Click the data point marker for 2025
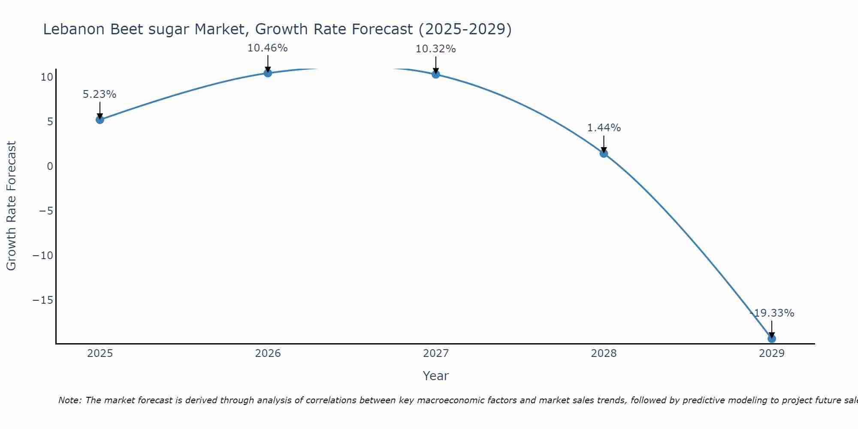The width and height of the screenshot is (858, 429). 100,120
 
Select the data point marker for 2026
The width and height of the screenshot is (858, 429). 268,73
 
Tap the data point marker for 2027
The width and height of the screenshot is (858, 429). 436,74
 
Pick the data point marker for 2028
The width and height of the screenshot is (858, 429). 604,154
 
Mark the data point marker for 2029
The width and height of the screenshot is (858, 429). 772,339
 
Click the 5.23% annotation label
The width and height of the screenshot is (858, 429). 100,94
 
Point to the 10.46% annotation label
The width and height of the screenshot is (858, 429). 268,48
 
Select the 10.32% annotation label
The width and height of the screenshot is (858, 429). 436,49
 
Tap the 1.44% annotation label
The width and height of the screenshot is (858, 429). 604,128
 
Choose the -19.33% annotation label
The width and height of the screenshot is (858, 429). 772,313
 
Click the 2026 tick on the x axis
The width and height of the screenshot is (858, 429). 268,353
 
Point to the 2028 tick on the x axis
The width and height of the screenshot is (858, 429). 604,353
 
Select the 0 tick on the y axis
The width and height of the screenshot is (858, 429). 50,166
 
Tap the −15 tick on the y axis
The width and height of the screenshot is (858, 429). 43,300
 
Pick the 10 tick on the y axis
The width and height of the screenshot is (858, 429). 47,77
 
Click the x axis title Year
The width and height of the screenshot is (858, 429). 436,376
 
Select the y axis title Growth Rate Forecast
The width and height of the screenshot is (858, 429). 11,206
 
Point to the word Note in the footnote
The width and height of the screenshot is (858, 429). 69,401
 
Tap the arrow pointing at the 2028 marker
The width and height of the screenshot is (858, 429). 604,145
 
